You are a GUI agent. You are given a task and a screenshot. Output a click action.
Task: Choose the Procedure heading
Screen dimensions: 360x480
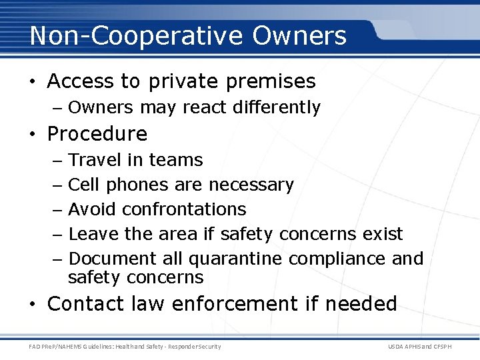click(x=97, y=134)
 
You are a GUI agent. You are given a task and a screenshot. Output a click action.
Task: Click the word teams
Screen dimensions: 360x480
click(x=176, y=160)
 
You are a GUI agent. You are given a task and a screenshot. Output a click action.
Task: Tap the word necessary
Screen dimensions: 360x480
click(x=251, y=185)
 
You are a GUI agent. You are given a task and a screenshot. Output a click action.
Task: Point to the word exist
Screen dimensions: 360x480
click(x=383, y=234)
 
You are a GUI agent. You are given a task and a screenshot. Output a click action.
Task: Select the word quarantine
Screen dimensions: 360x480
click(x=231, y=259)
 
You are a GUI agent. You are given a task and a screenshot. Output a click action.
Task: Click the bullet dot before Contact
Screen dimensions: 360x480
click(x=33, y=305)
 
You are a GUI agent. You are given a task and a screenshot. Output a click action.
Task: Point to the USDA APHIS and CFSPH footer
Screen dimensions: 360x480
click(x=428, y=346)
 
